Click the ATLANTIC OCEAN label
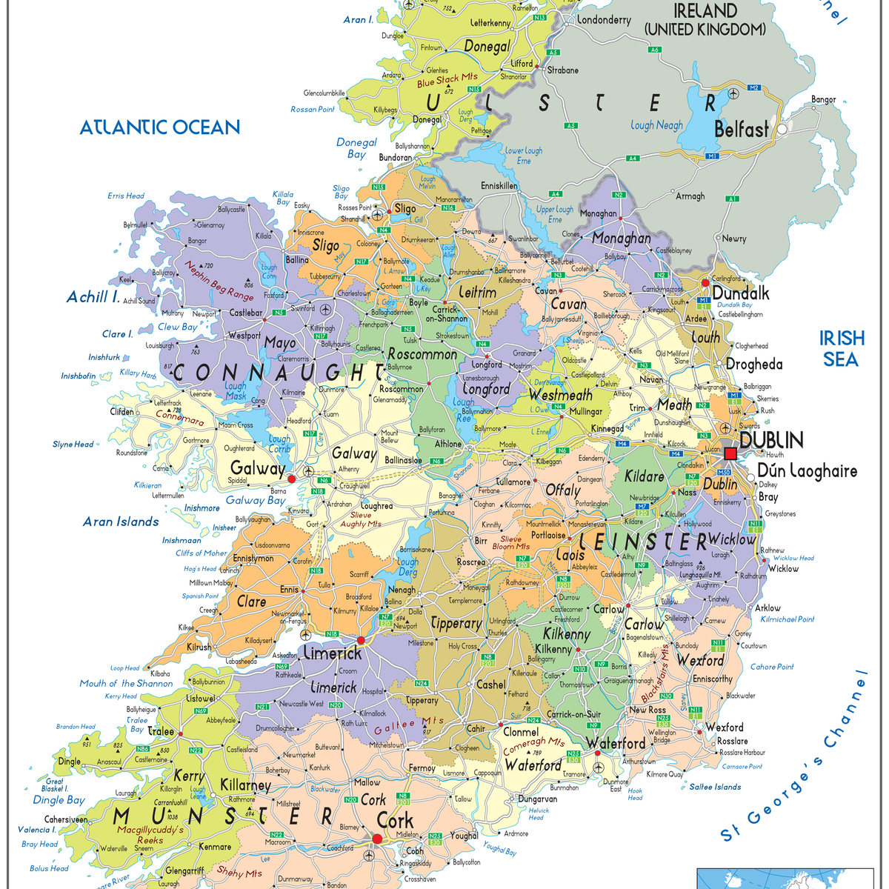coord(160,127)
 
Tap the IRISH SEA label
coord(842,349)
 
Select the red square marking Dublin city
coord(730,453)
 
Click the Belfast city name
coord(741,130)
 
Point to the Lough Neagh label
coord(656,125)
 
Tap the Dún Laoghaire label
coord(807,471)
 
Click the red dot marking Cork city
coord(377,839)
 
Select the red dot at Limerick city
coord(361,640)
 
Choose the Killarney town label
coord(246,785)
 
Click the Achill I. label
coord(93,297)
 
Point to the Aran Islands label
coord(121,522)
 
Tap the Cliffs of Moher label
coord(201,553)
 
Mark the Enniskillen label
coord(499,185)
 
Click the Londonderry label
coord(604,20)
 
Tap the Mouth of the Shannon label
coord(126,683)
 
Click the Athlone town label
coord(447,444)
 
